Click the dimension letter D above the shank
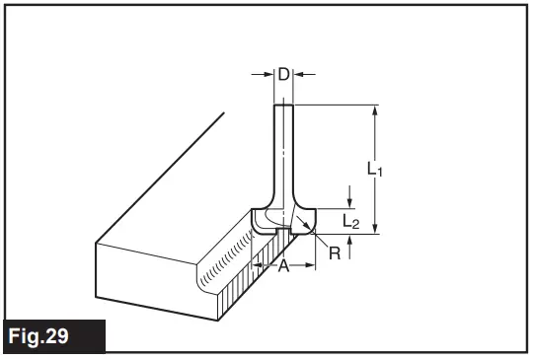[282, 74]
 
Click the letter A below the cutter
[282, 266]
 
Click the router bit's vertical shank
[282, 148]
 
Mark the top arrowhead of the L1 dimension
[375, 110]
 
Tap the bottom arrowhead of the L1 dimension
[375, 229]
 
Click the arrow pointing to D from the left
[267, 74]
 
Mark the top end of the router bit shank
[282, 106]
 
